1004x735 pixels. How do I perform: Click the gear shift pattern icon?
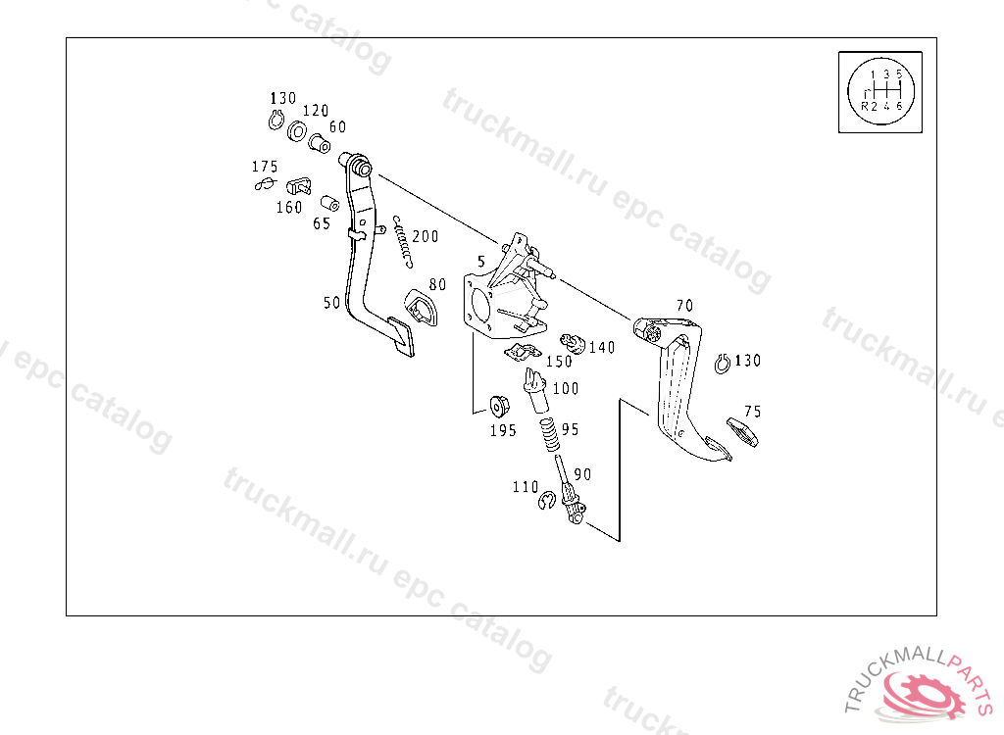[879, 90]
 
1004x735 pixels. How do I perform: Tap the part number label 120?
[315, 111]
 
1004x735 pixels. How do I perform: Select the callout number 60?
[337, 126]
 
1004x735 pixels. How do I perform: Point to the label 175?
[265, 167]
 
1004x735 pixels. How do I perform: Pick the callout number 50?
[332, 303]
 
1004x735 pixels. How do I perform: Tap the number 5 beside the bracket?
[481, 262]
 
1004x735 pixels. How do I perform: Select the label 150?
[559, 362]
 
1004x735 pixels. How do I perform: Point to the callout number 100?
[566, 389]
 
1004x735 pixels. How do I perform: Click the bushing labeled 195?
[497, 405]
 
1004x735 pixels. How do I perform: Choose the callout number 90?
[582, 474]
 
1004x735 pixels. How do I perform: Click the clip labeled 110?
[548, 504]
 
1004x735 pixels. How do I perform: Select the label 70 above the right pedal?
[684, 305]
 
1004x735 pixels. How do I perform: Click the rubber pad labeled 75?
[742, 432]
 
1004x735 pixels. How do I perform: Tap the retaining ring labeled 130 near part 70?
[722, 363]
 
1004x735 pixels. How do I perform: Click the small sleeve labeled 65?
[330, 204]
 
